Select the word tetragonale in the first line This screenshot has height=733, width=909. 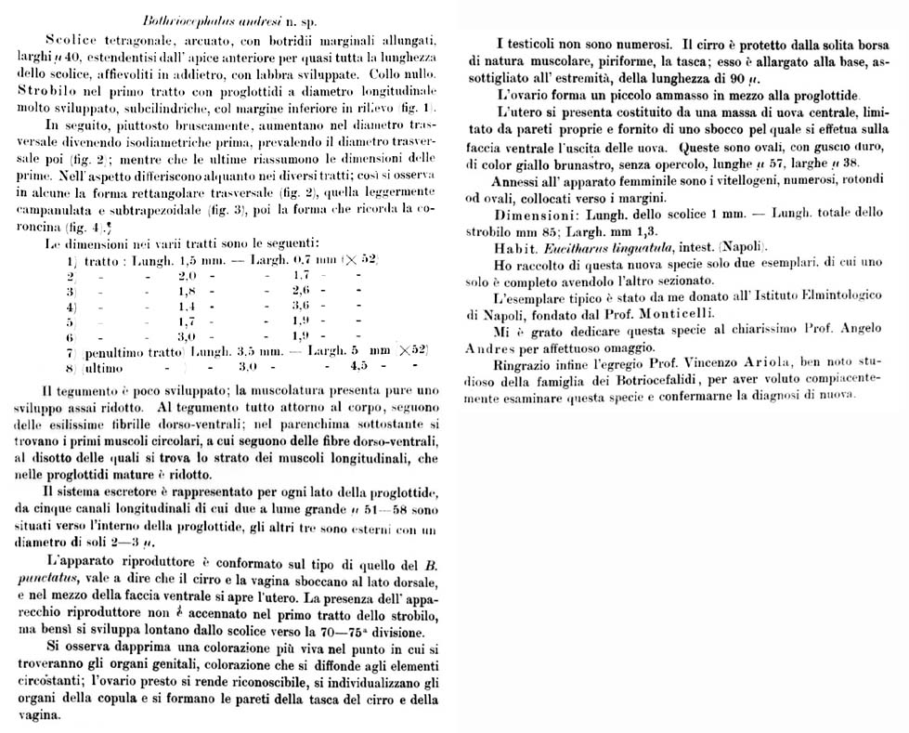[x=123, y=44]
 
